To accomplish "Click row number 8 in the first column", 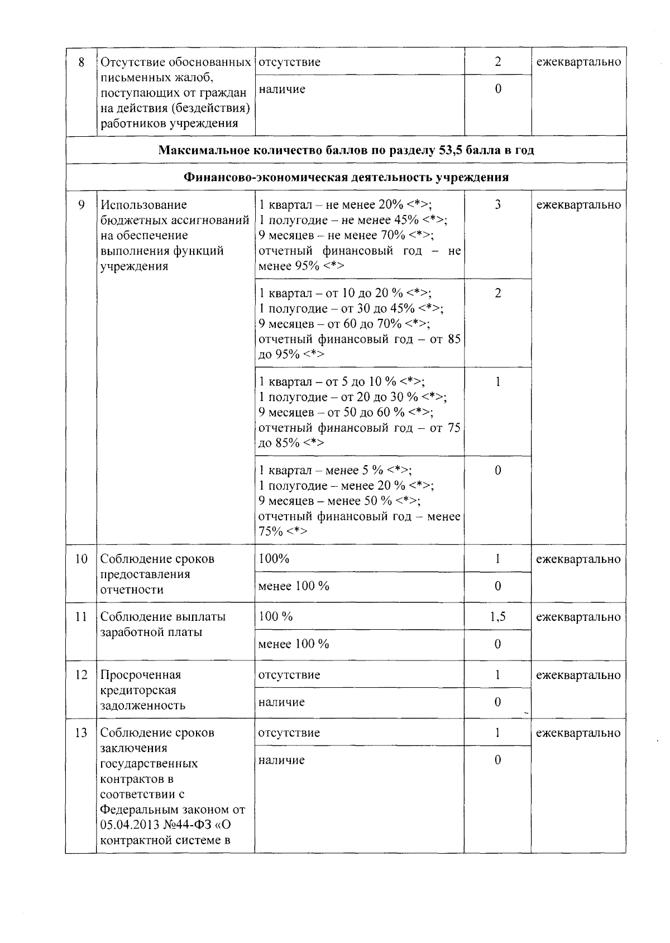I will pos(82,62).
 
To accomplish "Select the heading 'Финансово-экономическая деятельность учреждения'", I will pos(346,178).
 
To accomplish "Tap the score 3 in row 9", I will pos(497,205).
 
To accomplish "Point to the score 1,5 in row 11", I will pos(497,617).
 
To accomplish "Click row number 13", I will pos(82,733).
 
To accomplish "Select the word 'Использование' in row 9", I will pos(143,205).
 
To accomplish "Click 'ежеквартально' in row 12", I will pos(578,675).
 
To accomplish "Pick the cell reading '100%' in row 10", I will pos(274,559).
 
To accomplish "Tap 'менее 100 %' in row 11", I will pos(294,644).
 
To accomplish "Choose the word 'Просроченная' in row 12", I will pos(141,675).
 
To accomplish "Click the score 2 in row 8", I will pos(497,62).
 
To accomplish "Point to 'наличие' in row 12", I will pos(281,702).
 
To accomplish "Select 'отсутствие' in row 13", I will pos(289,733).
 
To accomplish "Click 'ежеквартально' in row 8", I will pos(578,62).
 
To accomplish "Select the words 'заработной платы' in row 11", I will pos(151,633).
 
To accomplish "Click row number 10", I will pos(82,559).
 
